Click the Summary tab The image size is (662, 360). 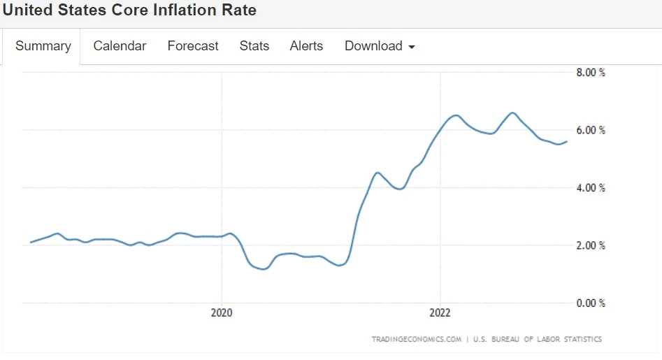pos(43,46)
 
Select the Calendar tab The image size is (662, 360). pos(120,46)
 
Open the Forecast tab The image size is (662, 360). pos(193,46)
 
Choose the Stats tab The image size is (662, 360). pos(254,46)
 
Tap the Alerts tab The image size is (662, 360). pos(306,46)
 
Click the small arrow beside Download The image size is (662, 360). pos(412,48)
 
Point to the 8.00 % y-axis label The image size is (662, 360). pos(591,73)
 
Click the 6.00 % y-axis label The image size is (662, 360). pos(591,131)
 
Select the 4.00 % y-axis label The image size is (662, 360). pos(591,188)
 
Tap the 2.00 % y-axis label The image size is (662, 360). pos(591,246)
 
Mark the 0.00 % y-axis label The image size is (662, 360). pos(591,303)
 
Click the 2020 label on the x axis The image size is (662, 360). pos(222,313)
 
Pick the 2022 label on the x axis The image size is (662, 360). pos(440,313)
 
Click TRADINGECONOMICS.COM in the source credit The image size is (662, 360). pos(417,340)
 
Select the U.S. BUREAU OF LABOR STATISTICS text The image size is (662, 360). pos(537,340)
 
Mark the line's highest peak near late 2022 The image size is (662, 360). pos(512,113)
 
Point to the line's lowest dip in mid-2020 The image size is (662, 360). pos(263,268)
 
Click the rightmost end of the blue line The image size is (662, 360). pos(567,141)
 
